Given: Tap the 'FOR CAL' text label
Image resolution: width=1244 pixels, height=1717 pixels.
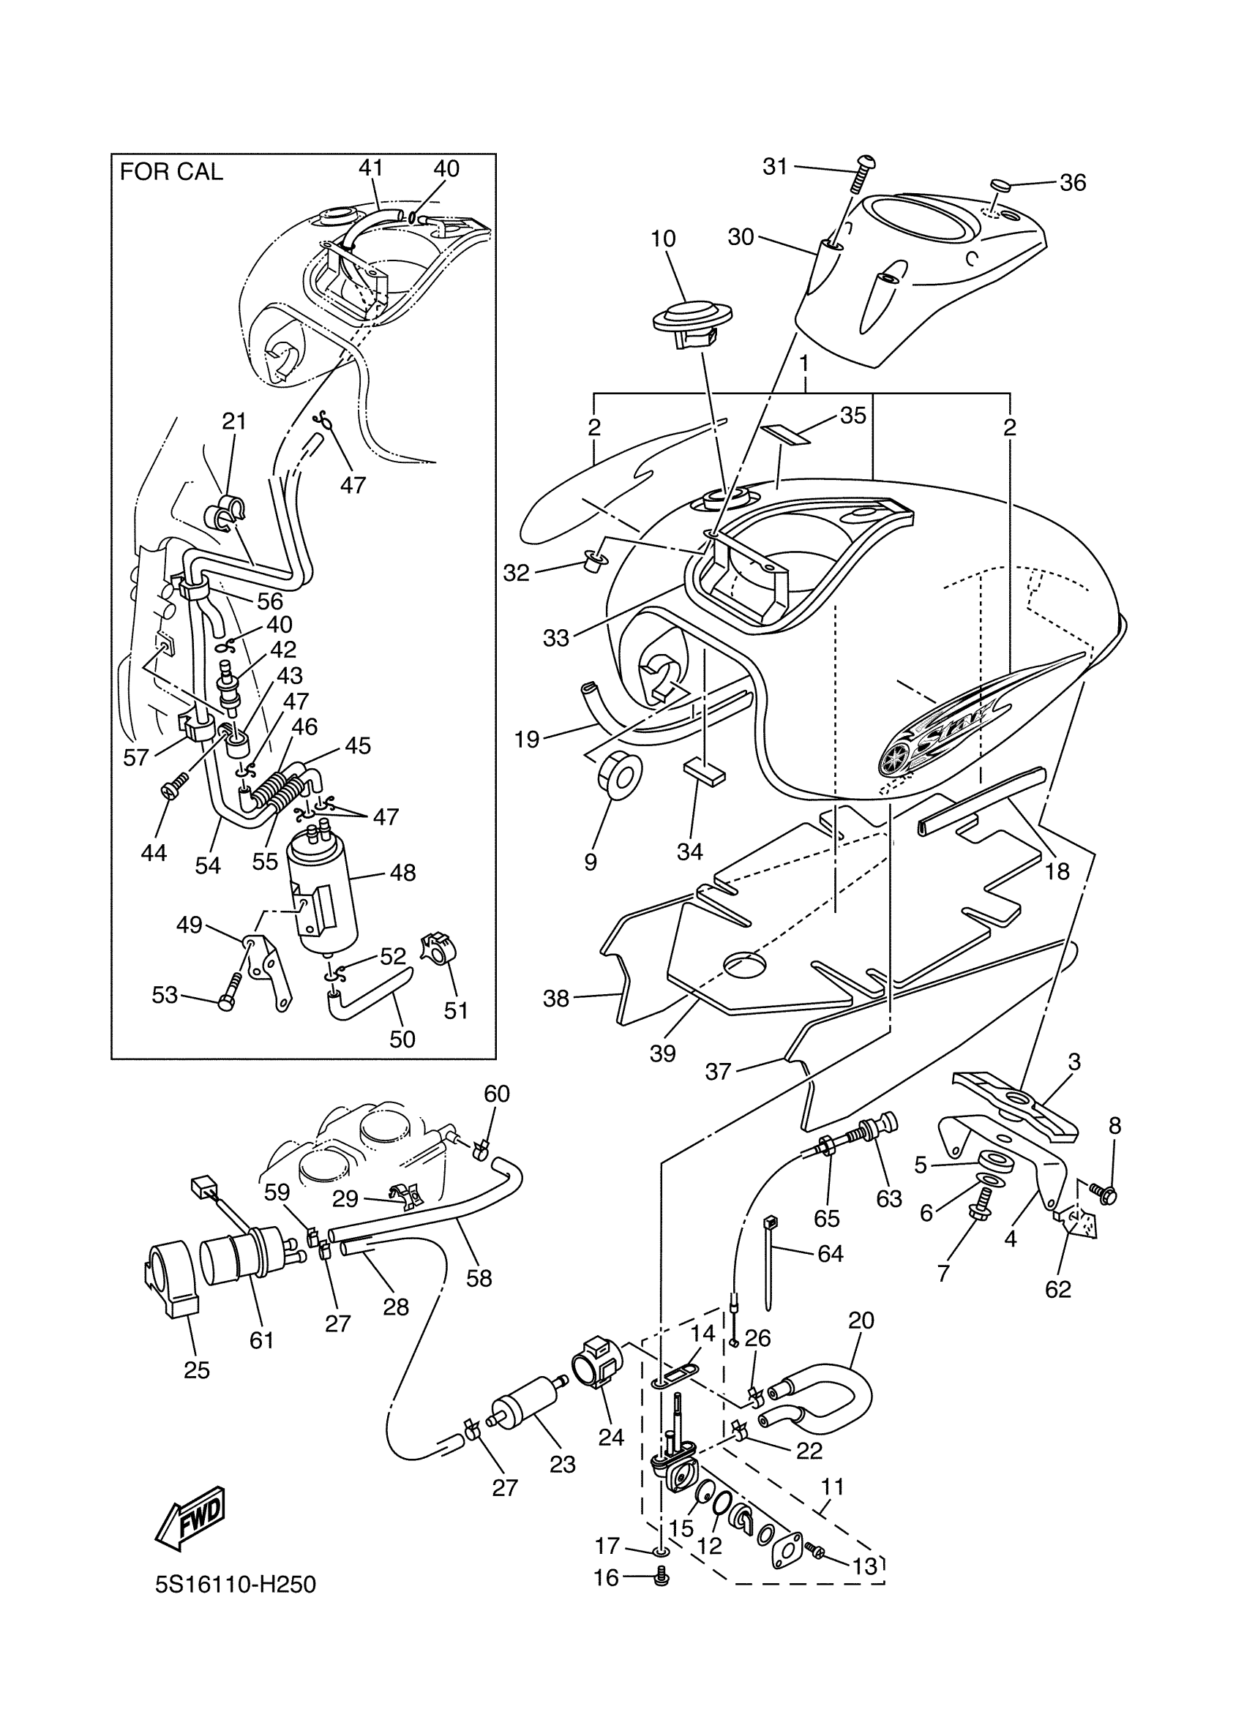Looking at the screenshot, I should (171, 173).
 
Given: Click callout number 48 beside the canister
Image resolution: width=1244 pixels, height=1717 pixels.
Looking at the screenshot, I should (402, 873).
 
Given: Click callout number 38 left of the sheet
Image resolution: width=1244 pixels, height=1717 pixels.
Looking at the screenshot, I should (555, 999).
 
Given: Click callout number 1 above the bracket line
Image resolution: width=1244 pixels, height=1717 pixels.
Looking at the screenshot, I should (804, 364).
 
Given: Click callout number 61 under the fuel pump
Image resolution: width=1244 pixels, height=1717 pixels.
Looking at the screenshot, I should (261, 1340).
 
